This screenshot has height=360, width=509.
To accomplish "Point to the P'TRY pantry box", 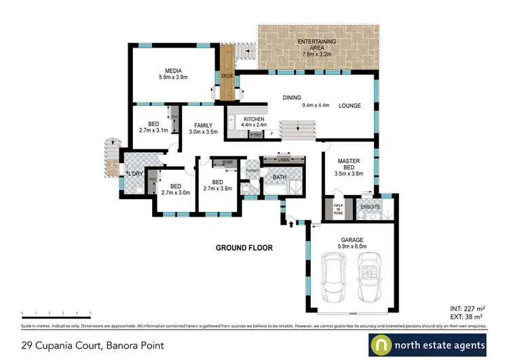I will click(x=256, y=134).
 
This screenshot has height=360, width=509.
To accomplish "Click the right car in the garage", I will click(x=371, y=277).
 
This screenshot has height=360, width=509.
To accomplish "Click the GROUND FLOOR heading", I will click(x=244, y=248).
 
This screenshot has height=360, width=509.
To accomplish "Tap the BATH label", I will click(x=279, y=178).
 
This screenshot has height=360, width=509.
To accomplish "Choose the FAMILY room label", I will click(x=203, y=126).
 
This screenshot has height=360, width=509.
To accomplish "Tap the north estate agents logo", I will click(x=428, y=344).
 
